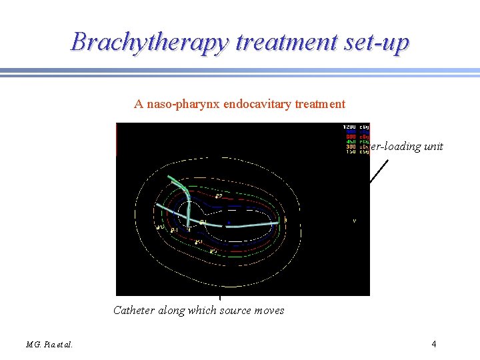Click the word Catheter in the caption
(134, 311)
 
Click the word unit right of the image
(432, 147)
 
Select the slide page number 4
(434, 344)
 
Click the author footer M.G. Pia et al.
(49, 345)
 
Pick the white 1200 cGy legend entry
(355, 127)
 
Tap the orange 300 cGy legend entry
(355, 145)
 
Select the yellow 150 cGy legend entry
(355, 151)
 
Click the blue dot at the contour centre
(229, 223)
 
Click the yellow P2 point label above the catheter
(219, 195)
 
